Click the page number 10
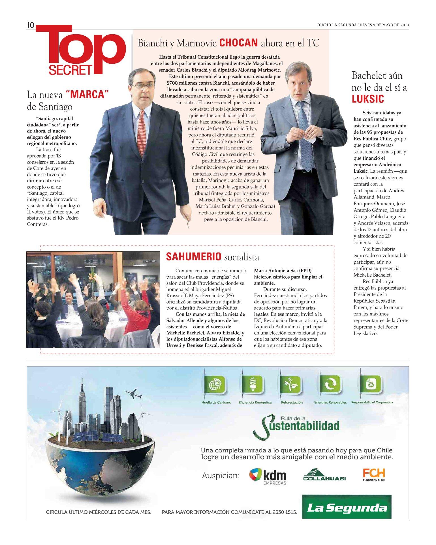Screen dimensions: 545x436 [x=30, y=25]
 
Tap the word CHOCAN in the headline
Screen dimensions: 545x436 [x=238, y=43]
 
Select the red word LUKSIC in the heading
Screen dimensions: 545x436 [x=368, y=99]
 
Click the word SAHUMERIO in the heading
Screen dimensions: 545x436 [x=193, y=257]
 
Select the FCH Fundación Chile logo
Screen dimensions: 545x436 [x=374, y=475]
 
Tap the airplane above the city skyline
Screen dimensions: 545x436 [x=133, y=394]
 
